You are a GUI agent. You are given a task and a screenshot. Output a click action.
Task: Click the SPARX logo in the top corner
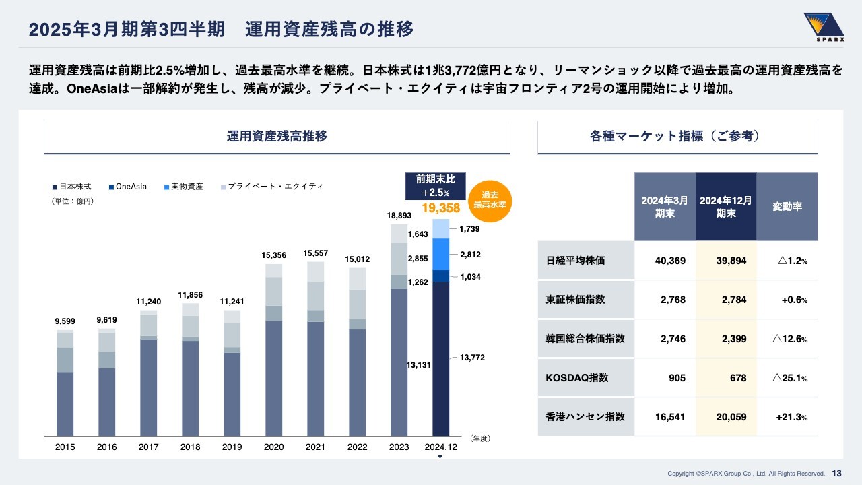(824, 28)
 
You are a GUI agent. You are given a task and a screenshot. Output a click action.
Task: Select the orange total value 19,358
(440, 208)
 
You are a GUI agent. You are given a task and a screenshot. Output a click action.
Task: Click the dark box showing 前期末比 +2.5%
(436, 186)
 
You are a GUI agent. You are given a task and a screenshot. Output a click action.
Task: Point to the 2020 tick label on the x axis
(273, 447)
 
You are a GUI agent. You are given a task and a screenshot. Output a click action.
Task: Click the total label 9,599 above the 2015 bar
(65, 322)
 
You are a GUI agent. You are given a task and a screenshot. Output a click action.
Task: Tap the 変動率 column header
(787, 207)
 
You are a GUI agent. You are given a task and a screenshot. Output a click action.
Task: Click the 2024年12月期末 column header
(725, 207)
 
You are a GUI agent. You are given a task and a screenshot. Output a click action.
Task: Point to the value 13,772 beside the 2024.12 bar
(473, 358)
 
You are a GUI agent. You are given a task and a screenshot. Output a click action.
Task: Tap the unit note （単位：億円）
(72, 201)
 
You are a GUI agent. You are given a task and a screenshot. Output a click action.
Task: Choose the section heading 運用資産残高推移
(277, 136)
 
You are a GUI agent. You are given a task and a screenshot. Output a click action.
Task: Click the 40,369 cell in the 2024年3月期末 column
(670, 261)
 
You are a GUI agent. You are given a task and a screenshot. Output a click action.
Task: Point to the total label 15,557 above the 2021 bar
(315, 253)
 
